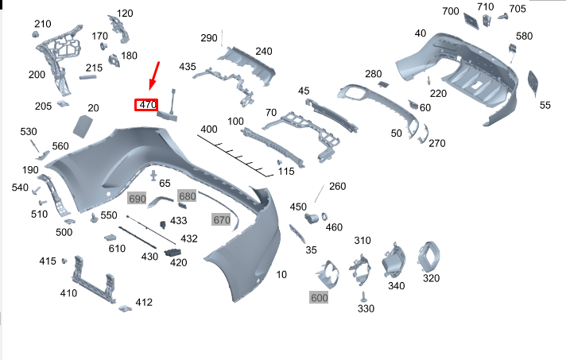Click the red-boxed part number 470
pos(147,105)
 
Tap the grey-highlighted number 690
pos(138,199)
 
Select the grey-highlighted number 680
pos(187,196)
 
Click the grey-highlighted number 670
pos(221,219)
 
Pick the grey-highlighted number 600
pos(320,297)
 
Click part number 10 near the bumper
pos(281,275)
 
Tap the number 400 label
pos(209,129)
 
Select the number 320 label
pos(431,278)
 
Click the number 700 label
pos(451,11)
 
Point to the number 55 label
pos(545,105)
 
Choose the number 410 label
pos(68,293)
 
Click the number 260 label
pos(338,187)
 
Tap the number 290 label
pos(209,38)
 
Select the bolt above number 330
pos(364,296)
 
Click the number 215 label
pos(94,68)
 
